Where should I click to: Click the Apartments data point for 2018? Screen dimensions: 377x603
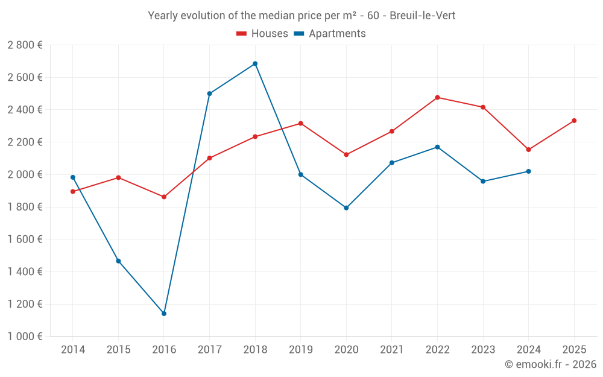255,63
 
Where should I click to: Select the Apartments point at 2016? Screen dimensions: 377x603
164,314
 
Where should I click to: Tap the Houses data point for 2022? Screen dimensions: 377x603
437,97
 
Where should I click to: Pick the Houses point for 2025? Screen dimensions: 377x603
574,121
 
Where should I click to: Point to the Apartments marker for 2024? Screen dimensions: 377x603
528,171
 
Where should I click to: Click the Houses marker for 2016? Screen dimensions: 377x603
164,197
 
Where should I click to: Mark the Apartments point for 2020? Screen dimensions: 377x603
346,208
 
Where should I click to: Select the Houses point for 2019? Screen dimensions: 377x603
300,124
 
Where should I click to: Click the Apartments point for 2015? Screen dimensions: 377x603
118,261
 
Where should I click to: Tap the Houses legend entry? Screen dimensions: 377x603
262,34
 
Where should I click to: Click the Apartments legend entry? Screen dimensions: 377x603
330,34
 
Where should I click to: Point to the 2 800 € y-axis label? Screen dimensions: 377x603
25,45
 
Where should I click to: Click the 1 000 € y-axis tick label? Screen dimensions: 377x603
25,337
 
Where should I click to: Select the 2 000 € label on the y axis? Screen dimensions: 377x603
25,174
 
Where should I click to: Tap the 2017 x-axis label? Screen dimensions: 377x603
209,349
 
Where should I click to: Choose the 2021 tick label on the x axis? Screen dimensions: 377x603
391,349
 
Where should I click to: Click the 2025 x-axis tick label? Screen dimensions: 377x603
574,349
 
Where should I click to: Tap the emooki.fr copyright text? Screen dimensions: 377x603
551,364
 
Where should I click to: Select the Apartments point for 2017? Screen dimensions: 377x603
209,93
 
